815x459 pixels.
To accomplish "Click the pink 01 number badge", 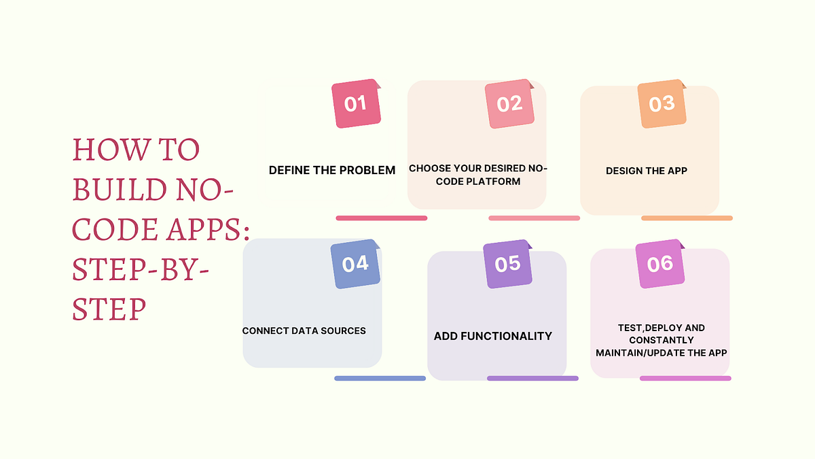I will coord(356,104).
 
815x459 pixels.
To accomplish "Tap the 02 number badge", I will coord(509,104).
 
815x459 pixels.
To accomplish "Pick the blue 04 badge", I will coord(355,264).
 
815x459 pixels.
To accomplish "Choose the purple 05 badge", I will coord(507,264).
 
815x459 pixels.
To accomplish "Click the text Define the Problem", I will coord(332,170).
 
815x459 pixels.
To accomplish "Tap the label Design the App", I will coord(647,171).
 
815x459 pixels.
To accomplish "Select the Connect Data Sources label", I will coord(304,331).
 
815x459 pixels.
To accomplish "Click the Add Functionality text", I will coord(493,336).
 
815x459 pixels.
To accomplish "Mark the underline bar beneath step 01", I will coord(382,218).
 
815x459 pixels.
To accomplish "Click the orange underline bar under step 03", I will coord(687,218).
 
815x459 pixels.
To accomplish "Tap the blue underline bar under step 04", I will coord(380,378).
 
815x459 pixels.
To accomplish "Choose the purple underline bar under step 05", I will coord(532,378).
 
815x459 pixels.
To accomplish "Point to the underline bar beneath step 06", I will coord(685,378).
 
